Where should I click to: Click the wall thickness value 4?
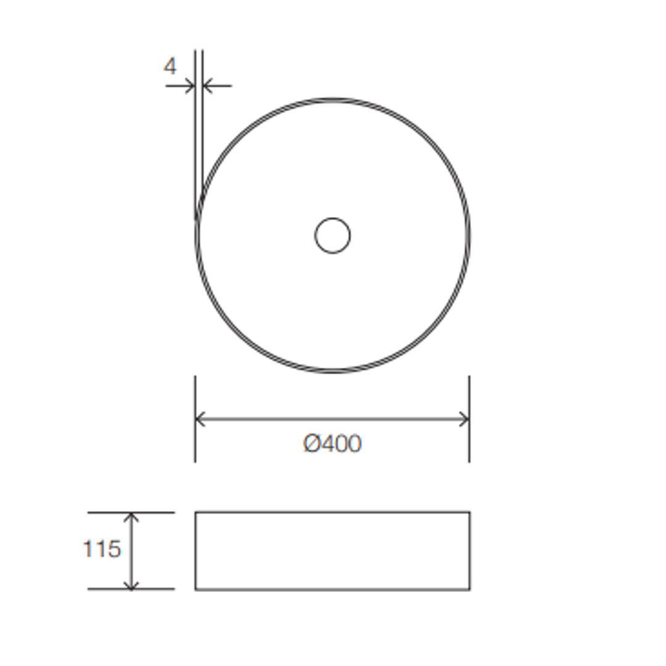point(170,66)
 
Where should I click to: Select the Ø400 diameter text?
point(332,444)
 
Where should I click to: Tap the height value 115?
point(102,549)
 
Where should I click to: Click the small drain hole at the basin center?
point(332,236)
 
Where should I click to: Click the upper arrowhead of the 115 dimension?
point(131,517)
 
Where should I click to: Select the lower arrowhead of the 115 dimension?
point(131,585)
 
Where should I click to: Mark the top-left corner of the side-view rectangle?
point(195,512)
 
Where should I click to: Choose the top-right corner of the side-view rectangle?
point(469,512)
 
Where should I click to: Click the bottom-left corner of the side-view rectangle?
point(195,590)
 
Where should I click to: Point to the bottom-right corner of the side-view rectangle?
point(469,590)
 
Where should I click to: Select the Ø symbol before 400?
point(311,444)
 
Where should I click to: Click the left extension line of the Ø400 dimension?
point(195,444)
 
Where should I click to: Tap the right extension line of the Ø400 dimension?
point(469,444)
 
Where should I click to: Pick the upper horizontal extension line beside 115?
point(154,512)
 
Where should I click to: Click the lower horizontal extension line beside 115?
point(154,589)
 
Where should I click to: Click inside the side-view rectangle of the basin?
point(332,551)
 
